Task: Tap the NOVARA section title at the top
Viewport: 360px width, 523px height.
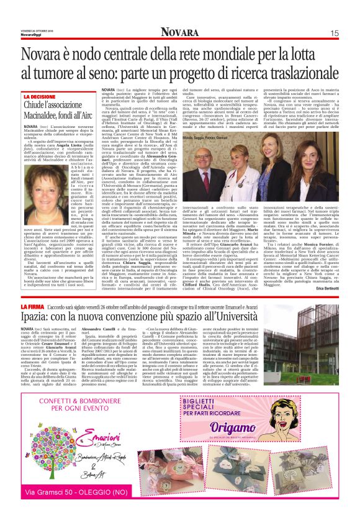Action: pyautogui.click(x=180, y=32)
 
